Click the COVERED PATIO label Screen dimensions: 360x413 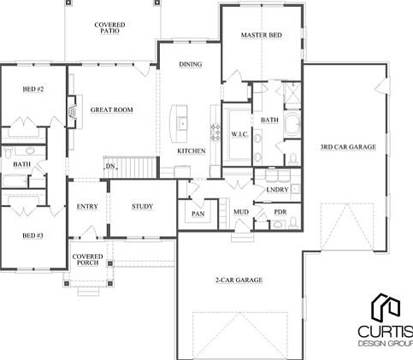[109, 29]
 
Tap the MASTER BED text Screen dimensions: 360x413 [262, 36]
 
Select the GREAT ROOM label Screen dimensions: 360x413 [111, 110]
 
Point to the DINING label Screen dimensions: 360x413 [190, 65]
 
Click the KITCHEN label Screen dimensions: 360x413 [191, 151]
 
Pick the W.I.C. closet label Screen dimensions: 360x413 [239, 135]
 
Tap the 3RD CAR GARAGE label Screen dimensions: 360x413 [348, 147]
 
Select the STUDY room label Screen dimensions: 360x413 [142, 207]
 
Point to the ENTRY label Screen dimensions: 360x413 [87, 207]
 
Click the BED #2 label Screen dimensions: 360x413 [32, 89]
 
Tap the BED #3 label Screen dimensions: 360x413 [32, 235]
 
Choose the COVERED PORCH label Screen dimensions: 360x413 [87, 259]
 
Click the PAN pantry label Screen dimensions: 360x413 [198, 214]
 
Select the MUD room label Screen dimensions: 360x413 [241, 211]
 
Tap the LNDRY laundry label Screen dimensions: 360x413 [277, 190]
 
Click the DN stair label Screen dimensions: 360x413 [110, 166]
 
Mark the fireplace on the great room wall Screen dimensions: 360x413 [73, 110]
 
